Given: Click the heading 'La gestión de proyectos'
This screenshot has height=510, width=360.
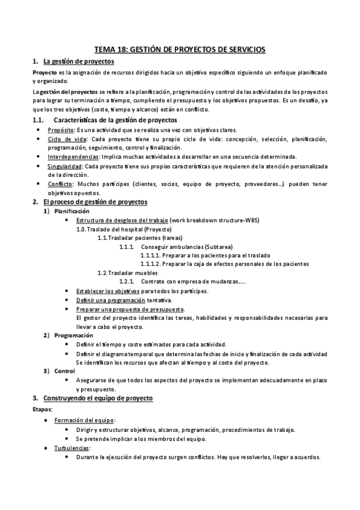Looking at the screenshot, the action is pos(78,61).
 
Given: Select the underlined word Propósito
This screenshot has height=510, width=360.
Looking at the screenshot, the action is pos(62,131).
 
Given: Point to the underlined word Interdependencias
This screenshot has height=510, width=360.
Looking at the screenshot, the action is pos(75,156).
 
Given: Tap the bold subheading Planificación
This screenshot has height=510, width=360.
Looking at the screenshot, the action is pos(72,211).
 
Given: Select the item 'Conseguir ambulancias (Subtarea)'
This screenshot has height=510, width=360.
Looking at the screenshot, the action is pos(186,247).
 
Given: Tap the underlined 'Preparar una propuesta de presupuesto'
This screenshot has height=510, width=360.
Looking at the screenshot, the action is pos(130,309).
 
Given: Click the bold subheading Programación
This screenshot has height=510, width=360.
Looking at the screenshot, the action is pos(73,335).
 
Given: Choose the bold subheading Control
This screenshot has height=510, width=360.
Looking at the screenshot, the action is pos(64,371).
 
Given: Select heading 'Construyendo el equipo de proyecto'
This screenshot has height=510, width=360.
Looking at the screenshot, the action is pos(98,398).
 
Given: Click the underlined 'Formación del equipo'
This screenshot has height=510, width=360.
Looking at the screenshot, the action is pos(85,420).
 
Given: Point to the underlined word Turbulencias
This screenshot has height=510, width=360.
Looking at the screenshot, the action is pos(72,447).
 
